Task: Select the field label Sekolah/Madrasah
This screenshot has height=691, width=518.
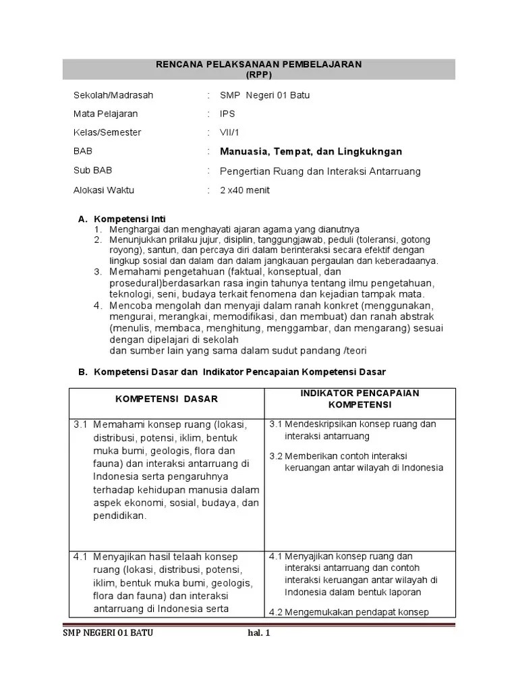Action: pyautogui.click(x=113, y=95)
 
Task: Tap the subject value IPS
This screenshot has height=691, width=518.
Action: pyautogui.click(x=227, y=114)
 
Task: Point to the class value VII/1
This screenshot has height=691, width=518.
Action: pyautogui.click(x=229, y=132)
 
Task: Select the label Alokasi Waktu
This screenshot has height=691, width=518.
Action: pyautogui.click(x=104, y=190)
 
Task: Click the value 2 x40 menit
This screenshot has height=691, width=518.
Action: pyautogui.click(x=245, y=190)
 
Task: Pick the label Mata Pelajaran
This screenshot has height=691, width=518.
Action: pyautogui.click(x=107, y=114)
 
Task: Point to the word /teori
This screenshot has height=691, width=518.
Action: pyautogui.click(x=357, y=350)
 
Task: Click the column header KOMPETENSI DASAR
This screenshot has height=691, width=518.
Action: pyautogui.click(x=167, y=399)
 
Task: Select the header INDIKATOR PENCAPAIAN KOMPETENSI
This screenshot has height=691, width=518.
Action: pyautogui.click(x=359, y=399)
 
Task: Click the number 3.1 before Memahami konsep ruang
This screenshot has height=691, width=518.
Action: pyautogui.click(x=82, y=424)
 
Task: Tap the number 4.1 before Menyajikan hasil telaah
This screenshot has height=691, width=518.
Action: pyautogui.click(x=82, y=557)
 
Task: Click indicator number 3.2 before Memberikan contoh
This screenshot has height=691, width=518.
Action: pyautogui.click(x=276, y=455)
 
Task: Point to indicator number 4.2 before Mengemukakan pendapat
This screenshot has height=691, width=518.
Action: pyautogui.click(x=276, y=613)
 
